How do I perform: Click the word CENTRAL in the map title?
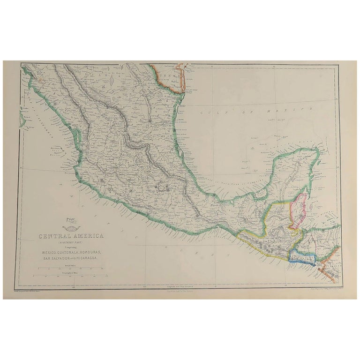point(53,236)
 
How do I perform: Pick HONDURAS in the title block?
point(97,253)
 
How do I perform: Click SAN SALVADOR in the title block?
point(52,259)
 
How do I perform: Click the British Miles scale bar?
point(70,268)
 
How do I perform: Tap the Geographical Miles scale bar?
point(70,277)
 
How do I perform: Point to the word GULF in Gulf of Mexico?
point(206,112)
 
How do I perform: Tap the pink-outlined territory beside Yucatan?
point(298,211)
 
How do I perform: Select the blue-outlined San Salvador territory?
point(300,257)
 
